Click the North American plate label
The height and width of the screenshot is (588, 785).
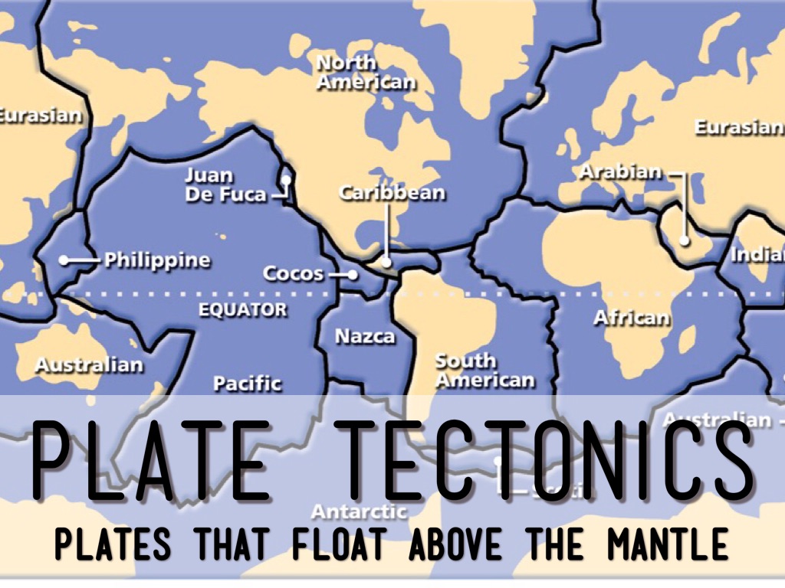point(366,72)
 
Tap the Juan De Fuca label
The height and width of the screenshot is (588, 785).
point(225,185)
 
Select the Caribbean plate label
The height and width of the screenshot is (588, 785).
point(392,192)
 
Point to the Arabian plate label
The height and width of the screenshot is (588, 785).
point(620,171)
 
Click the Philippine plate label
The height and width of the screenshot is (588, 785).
point(156,260)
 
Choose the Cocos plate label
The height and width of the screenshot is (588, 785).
point(294,273)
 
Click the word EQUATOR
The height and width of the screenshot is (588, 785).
point(242,310)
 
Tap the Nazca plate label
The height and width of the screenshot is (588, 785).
point(365,336)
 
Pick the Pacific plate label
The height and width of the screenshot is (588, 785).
point(247,384)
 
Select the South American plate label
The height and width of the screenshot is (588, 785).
point(484,371)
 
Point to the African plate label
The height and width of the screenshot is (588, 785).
point(631,318)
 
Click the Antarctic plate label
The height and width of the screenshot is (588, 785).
point(359,511)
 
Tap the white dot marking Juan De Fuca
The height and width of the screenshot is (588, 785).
point(285,181)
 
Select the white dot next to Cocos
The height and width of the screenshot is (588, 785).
point(353,273)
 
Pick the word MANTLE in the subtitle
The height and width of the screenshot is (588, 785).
point(662,544)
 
